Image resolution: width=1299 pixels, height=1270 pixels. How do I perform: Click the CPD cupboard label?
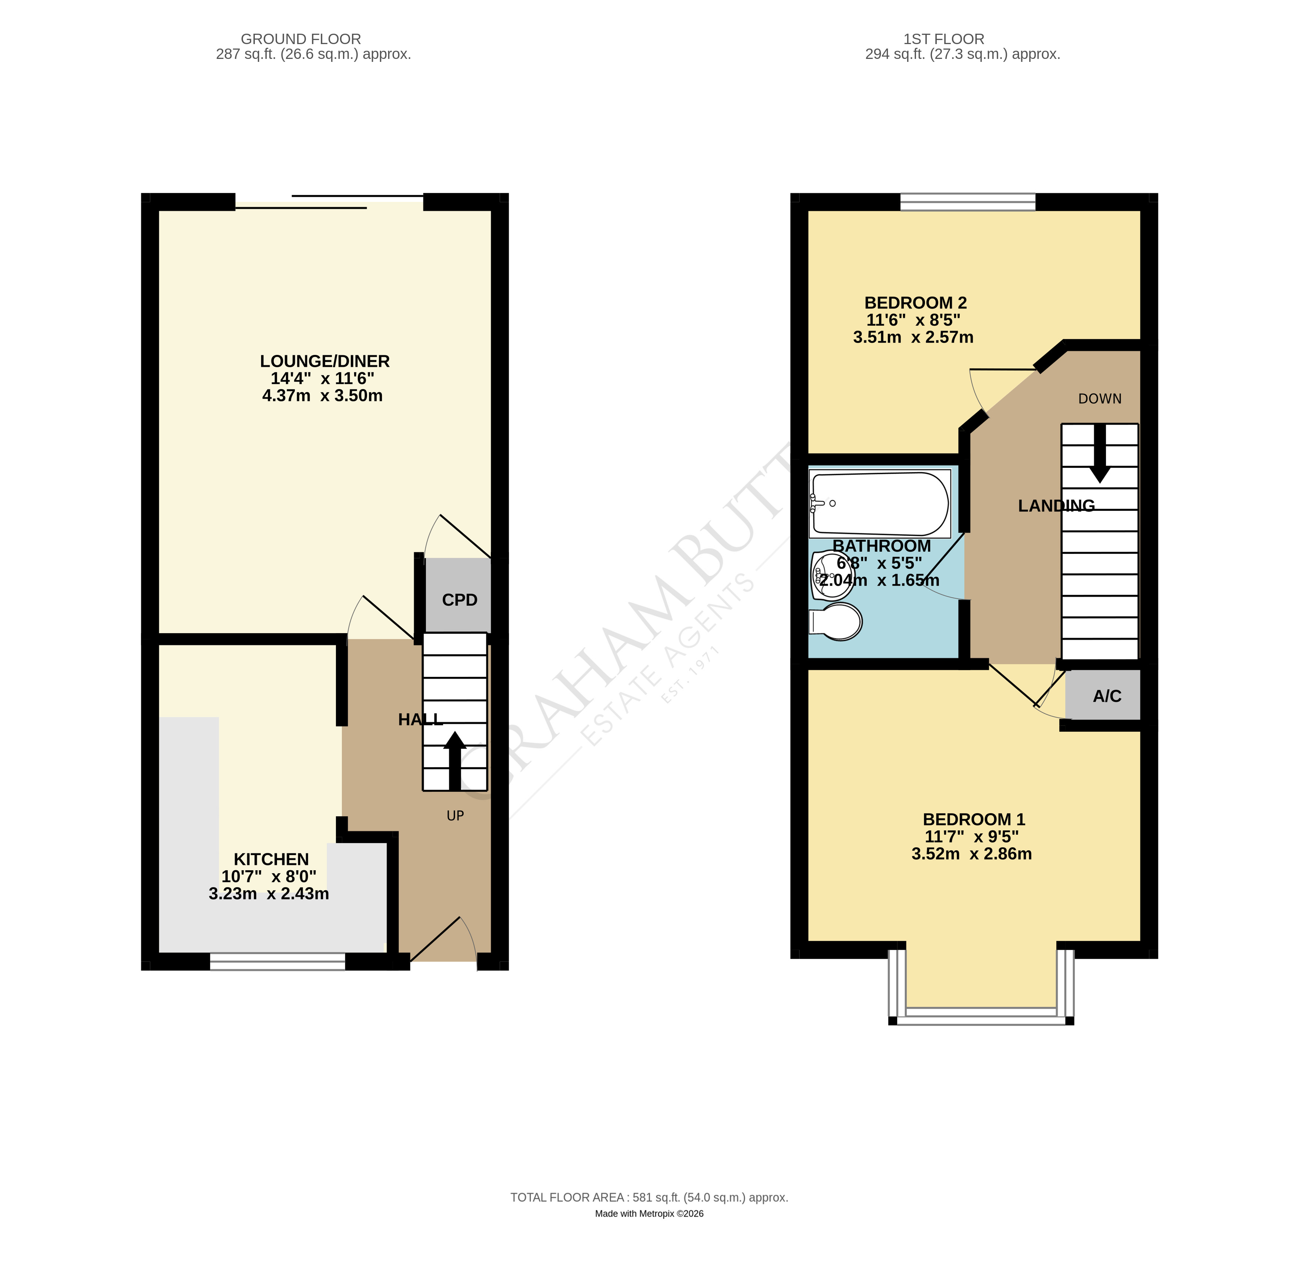(459, 600)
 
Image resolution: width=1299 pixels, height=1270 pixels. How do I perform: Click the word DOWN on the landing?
(1100, 399)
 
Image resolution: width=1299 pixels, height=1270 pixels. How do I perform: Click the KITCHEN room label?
(271, 859)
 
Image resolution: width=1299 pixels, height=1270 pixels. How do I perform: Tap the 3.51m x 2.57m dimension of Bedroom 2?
(913, 338)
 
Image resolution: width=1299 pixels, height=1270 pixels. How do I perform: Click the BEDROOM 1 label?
(973, 819)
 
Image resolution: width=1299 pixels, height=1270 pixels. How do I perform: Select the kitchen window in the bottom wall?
(277, 961)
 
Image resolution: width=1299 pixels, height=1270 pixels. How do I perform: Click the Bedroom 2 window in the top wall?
(967, 202)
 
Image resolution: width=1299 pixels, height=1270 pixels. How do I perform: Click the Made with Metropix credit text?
(649, 1213)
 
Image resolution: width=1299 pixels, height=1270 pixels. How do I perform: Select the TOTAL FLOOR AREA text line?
(649, 1197)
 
